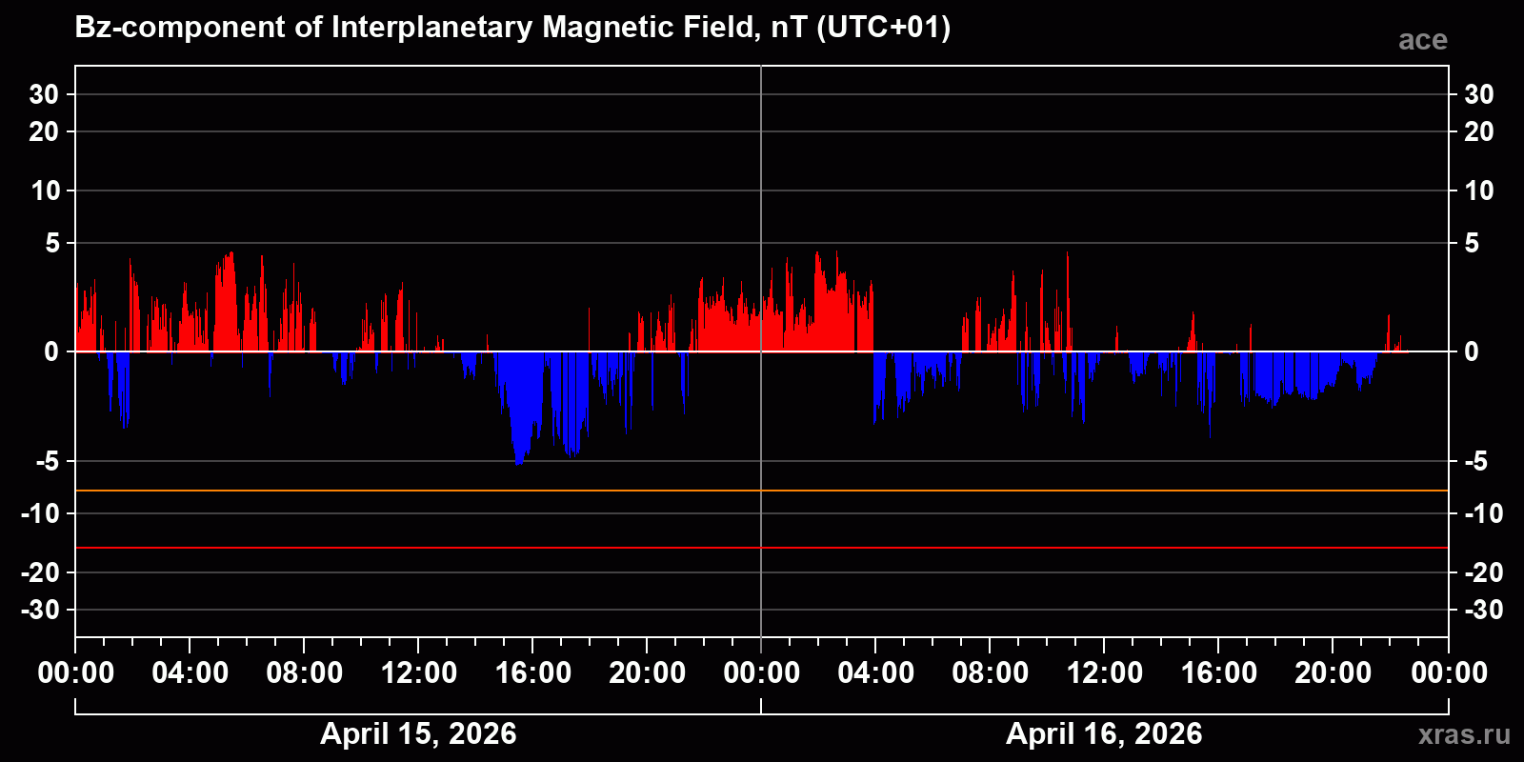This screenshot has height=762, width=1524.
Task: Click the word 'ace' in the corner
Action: pyautogui.click(x=1422, y=40)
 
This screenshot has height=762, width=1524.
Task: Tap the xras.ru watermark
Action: pyautogui.click(x=1463, y=734)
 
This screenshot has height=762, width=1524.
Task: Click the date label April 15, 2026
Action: pyautogui.click(x=418, y=733)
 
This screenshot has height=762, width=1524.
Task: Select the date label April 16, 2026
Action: pyautogui.click(x=1104, y=733)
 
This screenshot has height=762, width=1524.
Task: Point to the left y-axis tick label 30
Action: pyautogui.click(x=44, y=94)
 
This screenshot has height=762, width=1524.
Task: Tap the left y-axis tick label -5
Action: pyautogui.click(x=46, y=462)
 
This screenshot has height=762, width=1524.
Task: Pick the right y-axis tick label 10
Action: pyautogui.click(x=1478, y=190)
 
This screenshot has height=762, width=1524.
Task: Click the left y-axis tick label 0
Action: pyautogui.click(x=51, y=352)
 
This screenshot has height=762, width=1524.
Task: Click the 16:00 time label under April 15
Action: pyautogui.click(x=532, y=673)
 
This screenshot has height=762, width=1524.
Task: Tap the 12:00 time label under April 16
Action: pyautogui.click(x=1104, y=673)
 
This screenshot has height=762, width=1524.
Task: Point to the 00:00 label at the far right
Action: pyautogui.click(x=1449, y=673)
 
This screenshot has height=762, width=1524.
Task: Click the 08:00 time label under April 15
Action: pyautogui.click(x=304, y=673)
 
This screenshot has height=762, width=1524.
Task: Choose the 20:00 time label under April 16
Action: pyautogui.click(x=1333, y=673)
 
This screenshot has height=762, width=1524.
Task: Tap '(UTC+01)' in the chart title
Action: pyautogui.click(x=883, y=28)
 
